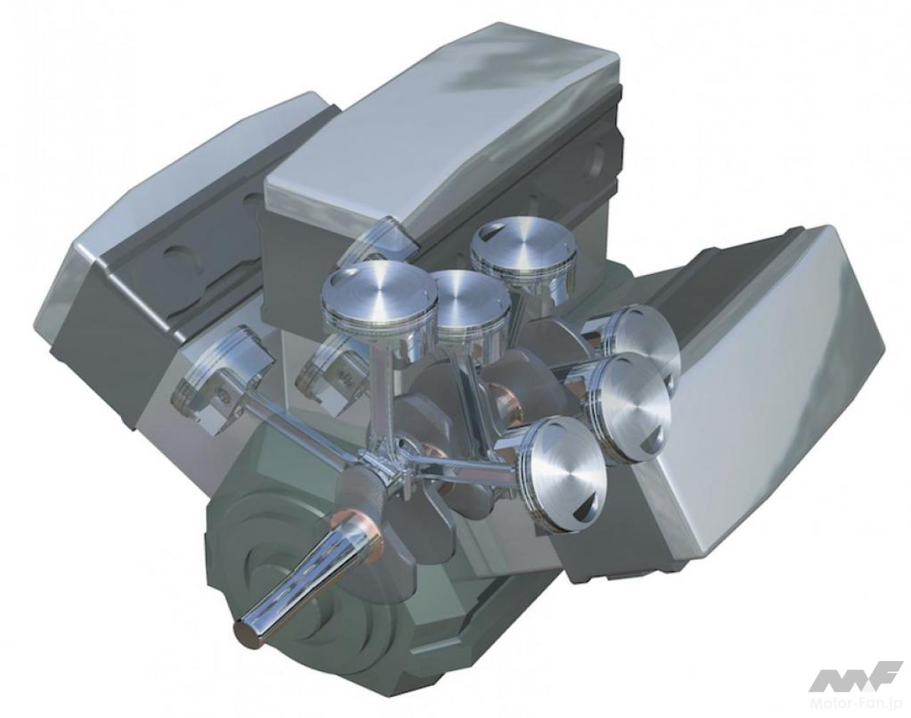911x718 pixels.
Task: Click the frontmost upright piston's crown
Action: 379,293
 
